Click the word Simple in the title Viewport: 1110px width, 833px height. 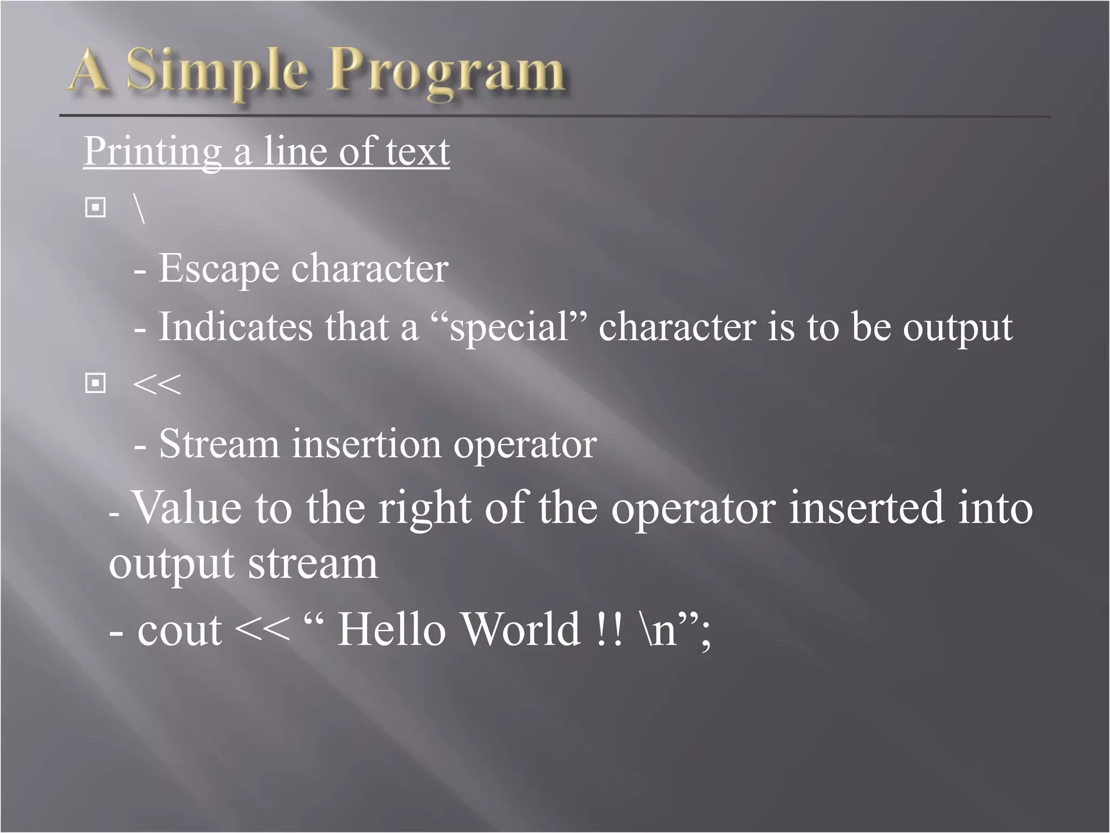tap(217, 72)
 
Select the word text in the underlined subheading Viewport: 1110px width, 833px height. tap(417, 151)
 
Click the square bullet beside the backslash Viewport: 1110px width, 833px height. tap(95, 207)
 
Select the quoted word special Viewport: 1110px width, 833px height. tap(509, 327)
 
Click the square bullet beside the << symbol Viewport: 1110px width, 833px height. tap(95, 383)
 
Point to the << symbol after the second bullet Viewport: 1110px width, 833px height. tap(157, 385)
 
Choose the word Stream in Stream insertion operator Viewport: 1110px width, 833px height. tap(219, 444)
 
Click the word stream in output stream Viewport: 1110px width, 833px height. tap(313, 564)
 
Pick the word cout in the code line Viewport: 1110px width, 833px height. tap(179, 631)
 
